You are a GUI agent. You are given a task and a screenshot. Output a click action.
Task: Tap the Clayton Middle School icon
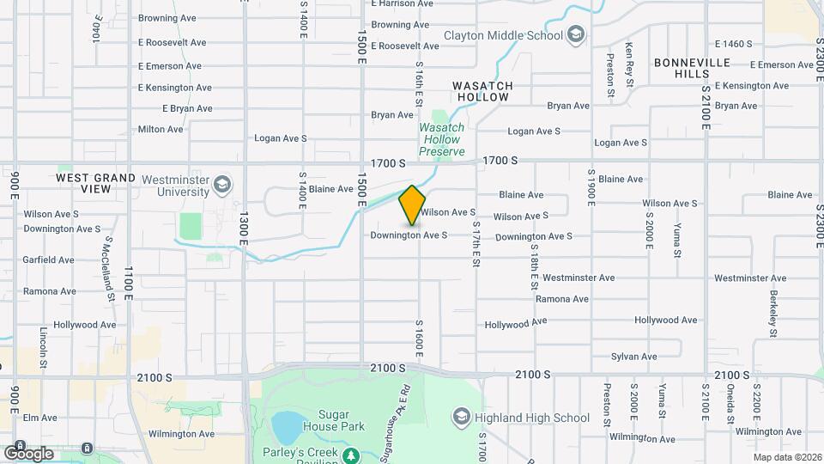575,35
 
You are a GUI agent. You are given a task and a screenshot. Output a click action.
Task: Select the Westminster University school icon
222,184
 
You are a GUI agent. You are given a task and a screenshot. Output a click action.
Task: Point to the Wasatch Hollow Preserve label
441,139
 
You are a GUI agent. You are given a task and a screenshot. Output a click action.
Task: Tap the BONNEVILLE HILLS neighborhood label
692,68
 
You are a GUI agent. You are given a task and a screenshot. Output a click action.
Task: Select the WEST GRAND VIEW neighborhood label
95,182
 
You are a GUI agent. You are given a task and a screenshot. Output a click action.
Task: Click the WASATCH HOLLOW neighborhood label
482,91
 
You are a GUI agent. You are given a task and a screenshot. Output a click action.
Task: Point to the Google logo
28,452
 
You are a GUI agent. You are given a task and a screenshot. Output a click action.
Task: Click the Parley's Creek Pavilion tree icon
349,454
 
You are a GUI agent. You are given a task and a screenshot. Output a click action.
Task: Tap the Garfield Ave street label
49,259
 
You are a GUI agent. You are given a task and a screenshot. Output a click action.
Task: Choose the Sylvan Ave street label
633,357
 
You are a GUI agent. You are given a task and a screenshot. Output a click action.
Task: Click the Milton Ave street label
161,130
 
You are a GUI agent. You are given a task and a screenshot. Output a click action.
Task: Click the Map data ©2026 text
787,457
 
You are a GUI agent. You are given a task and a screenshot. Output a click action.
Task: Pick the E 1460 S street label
733,44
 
